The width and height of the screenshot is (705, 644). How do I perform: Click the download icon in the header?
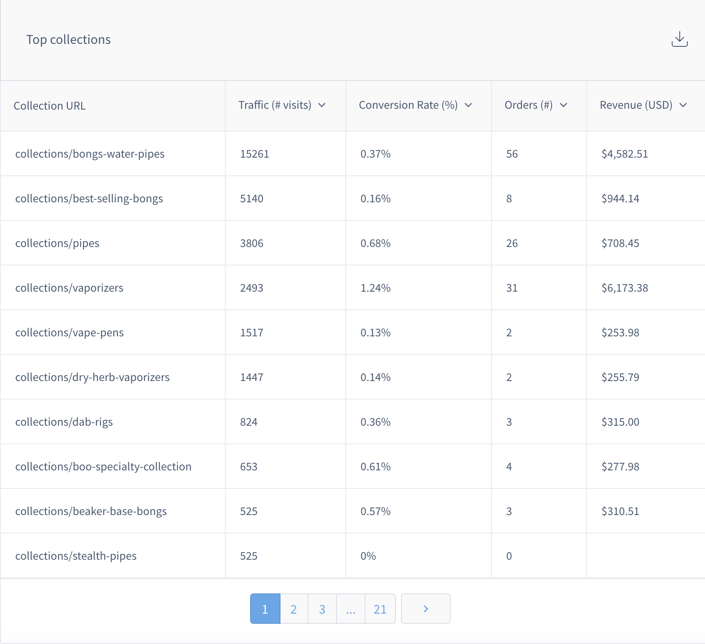tap(679, 39)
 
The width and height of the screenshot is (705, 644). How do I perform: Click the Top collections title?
tap(68, 40)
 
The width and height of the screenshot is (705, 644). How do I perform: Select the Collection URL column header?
tap(50, 106)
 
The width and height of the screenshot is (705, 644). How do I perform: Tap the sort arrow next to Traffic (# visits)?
tap(322, 105)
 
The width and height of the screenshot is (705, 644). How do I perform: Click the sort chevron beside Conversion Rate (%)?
tap(468, 105)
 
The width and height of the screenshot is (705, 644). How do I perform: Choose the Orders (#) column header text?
tap(528, 105)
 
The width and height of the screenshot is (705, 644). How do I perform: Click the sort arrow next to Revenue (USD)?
tap(683, 105)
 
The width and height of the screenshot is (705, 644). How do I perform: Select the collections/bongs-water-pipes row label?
tap(90, 154)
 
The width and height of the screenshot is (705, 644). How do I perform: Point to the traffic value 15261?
tap(254, 154)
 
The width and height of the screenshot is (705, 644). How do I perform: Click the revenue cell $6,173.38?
tap(625, 288)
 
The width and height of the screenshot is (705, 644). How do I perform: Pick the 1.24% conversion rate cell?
tap(375, 288)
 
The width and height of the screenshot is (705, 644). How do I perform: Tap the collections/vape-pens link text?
tap(69, 333)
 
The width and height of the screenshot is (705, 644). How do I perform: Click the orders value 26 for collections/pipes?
tap(512, 243)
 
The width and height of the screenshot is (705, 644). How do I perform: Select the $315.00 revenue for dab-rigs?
tap(620, 422)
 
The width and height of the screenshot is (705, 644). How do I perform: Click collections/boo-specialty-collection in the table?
tap(103, 467)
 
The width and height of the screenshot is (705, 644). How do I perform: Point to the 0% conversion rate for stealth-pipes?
tap(368, 556)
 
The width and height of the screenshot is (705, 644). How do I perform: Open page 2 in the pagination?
tap(294, 609)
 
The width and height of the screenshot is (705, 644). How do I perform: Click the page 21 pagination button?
tap(380, 609)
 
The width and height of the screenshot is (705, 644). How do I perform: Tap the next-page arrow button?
tap(425, 609)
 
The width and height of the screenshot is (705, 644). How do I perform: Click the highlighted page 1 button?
tap(265, 609)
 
